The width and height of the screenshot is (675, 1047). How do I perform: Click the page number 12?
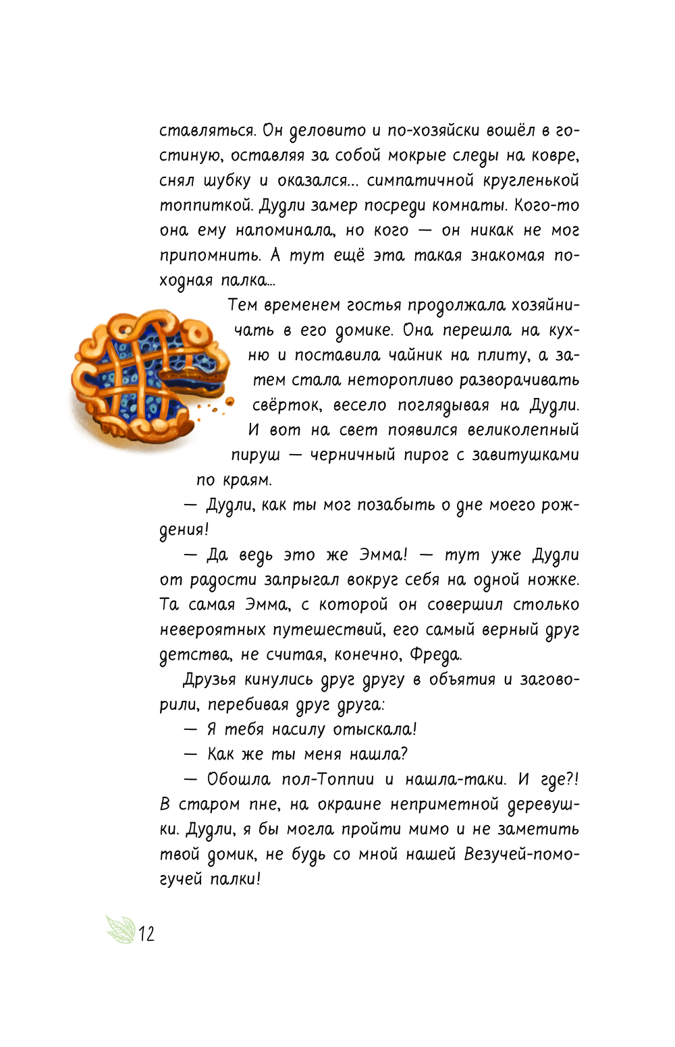pos(146,934)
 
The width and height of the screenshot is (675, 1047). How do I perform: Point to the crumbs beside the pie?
pos(217,407)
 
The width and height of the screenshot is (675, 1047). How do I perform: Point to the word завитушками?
pos(525,455)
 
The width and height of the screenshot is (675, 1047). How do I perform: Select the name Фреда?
pos(435,655)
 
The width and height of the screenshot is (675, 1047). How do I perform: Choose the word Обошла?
pos(238,780)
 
